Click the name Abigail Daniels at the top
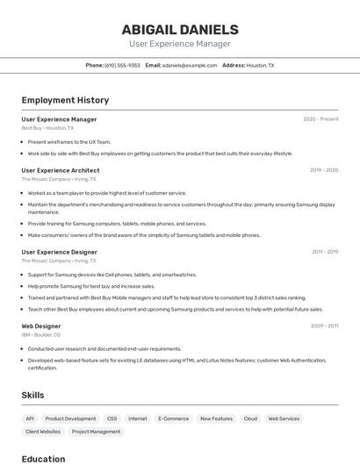click(180, 30)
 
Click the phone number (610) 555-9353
click(122, 65)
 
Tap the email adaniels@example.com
click(190, 65)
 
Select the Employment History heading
click(65, 101)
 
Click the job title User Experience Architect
click(61, 170)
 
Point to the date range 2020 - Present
click(320, 119)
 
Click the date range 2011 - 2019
click(325, 252)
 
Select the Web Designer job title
click(41, 326)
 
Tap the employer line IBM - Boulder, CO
click(41, 335)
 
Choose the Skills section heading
click(33, 395)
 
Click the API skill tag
click(30, 419)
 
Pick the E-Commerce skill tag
click(174, 419)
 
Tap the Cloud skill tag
click(250, 419)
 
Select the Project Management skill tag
click(96, 432)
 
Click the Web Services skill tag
click(284, 419)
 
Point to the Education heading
click(44, 458)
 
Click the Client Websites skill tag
click(43, 432)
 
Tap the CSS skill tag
click(112, 419)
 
